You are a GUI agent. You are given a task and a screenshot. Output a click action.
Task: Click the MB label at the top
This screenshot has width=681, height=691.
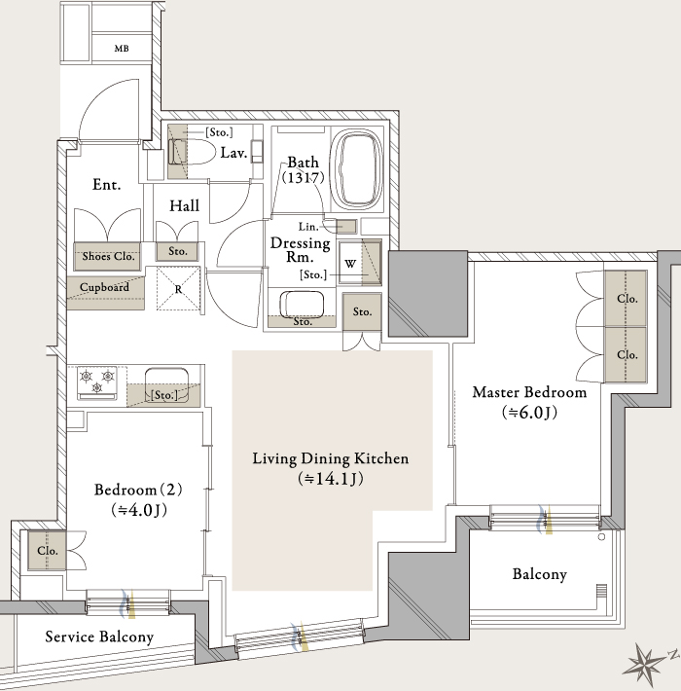pyautogui.click(x=122, y=49)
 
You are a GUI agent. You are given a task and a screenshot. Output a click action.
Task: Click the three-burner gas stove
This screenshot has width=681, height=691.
pyautogui.click(x=97, y=382)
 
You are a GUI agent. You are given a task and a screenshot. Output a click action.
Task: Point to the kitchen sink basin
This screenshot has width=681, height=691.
pyautogui.click(x=166, y=385)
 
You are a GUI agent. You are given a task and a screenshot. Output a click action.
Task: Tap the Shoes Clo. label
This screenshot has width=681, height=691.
pyautogui.click(x=108, y=256)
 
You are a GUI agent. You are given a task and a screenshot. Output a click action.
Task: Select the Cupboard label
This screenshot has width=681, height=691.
pyautogui.click(x=104, y=287)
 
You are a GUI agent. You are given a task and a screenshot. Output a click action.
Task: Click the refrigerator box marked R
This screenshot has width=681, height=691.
pyautogui.click(x=178, y=289)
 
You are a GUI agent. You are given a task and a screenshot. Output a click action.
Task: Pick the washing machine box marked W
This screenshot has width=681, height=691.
pyautogui.click(x=350, y=263)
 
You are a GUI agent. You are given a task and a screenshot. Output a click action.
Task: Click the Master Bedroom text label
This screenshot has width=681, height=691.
pyautogui.click(x=529, y=392)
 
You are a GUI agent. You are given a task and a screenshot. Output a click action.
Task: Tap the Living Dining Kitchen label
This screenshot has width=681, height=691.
pyautogui.click(x=331, y=458)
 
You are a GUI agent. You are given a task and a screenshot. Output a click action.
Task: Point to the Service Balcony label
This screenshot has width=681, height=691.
pyautogui.click(x=99, y=636)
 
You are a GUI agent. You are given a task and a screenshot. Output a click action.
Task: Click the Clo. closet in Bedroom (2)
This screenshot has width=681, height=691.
pyautogui.click(x=47, y=551)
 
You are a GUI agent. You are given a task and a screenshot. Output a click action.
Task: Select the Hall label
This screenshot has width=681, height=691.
pyautogui.click(x=184, y=205)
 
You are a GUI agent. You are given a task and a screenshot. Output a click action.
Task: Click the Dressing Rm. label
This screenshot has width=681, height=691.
pyautogui.click(x=300, y=249)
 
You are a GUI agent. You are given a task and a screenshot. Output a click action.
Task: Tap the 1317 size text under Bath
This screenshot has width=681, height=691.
pyautogui.click(x=304, y=177)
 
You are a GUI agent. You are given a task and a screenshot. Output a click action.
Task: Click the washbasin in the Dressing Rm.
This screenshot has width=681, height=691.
pyautogui.click(x=302, y=304)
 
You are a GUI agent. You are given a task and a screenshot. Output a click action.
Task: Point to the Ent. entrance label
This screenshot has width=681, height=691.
pyautogui.click(x=107, y=184)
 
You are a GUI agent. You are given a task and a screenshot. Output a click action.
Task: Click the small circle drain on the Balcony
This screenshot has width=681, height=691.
pyautogui.click(x=601, y=537)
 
